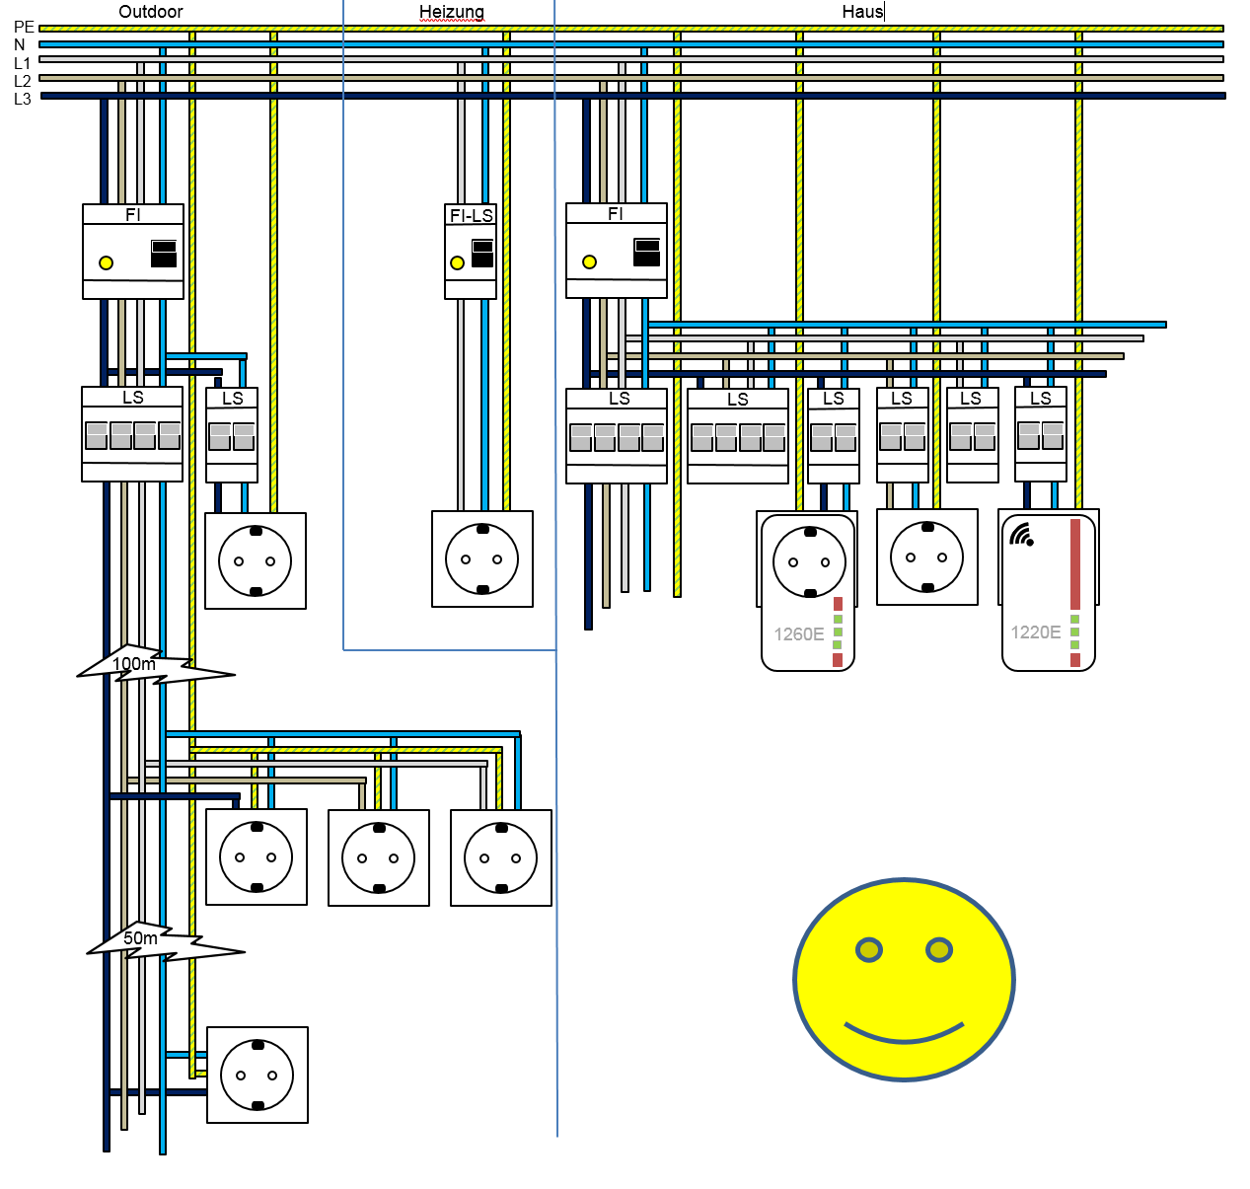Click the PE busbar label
pyautogui.click(x=24, y=28)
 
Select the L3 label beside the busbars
pyautogui.click(x=23, y=99)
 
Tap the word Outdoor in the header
pyautogui.click(x=151, y=12)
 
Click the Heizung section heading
pyautogui.click(x=452, y=12)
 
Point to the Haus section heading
pyautogui.click(x=862, y=12)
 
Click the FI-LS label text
pyautogui.click(x=471, y=215)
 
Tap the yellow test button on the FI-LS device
pyautogui.click(x=457, y=262)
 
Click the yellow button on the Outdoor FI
pyautogui.click(x=106, y=262)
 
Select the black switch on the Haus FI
pyautogui.click(x=647, y=252)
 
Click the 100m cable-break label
pyautogui.click(x=134, y=664)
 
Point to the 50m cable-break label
pyautogui.click(x=140, y=938)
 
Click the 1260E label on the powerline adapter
pyautogui.click(x=798, y=634)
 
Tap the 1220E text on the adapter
pyautogui.click(x=1036, y=632)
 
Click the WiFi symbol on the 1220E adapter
pyautogui.click(x=1021, y=535)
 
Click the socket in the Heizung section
pyautogui.click(x=482, y=558)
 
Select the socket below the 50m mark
pyautogui.click(x=257, y=1075)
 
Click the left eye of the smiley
pyautogui.click(x=868, y=949)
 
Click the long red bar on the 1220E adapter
pyautogui.click(x=1075, y=564)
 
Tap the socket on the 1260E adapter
pyautogui.click(x=810, y=562)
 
